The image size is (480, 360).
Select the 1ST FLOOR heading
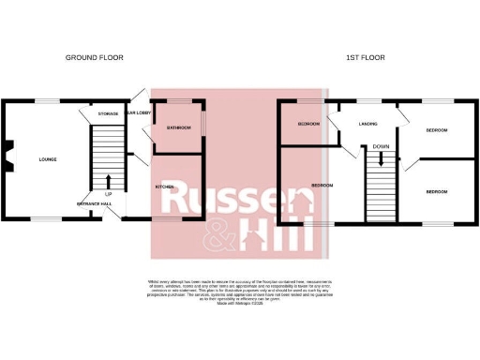[x=366, y=58]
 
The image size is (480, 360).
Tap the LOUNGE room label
[x=47, y=159]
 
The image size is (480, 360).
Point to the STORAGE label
[x=108, y=113]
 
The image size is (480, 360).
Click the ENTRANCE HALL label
[x=95, y=203]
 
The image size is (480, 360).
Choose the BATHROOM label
[x=179, y=127]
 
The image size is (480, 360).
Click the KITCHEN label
[x=165, y=187]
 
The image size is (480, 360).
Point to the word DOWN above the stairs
[x=380, y=146]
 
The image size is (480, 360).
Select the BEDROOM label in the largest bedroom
[x=322, y=185]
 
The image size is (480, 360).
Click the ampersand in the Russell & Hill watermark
[x=225, y=234]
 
